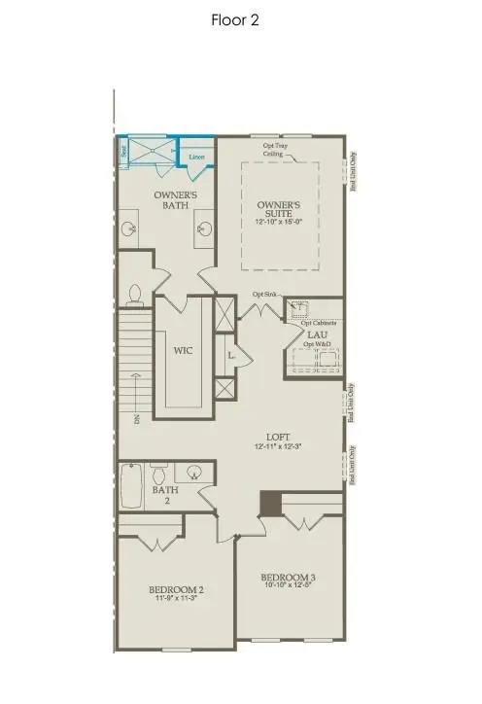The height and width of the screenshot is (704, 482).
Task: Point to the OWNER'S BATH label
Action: click(x=177, y=200)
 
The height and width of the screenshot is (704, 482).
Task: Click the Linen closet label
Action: click(x=196, y=156)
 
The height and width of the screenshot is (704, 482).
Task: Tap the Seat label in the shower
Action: click(x=123, y=152)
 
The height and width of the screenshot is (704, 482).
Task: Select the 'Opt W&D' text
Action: click(x=315, y=347)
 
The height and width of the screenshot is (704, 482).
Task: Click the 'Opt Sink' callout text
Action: click(x=264, y=294)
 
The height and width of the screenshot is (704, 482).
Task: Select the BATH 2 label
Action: click(x=161, y=496)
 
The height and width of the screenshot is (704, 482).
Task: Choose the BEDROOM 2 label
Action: click(x=176, y=590)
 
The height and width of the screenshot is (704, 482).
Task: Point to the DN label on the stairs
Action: click(x=137, y=420)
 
